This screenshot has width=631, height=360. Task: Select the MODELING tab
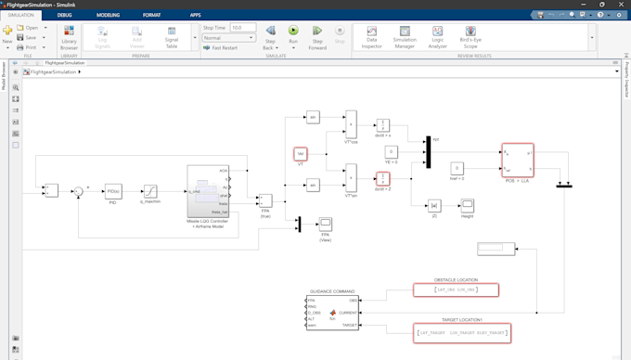(x=108, y=15)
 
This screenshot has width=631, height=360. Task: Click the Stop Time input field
(x=242, y=28)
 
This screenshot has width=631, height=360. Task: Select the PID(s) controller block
(x=113, y=192)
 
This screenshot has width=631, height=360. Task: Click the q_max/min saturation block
(x=149, y=192)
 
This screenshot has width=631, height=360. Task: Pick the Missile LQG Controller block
(x=208, y=191)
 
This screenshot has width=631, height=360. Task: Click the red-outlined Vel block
(x=301, y=154)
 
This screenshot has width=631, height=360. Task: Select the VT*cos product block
(x=351, y=124)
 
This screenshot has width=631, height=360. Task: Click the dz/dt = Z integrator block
(x=382, y=178)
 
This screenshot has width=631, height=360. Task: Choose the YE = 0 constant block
(x=392, y=151)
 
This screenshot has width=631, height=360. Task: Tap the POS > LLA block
(x=517, y=160)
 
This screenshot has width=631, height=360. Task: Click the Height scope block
(x=467, y=205)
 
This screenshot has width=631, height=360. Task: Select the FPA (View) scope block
(x=326, y=224)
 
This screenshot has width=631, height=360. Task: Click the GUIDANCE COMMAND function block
(x=332, y=314)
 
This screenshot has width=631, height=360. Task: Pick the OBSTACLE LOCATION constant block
(x=456, y=290)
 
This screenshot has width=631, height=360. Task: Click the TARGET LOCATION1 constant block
(x=462, y=332)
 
